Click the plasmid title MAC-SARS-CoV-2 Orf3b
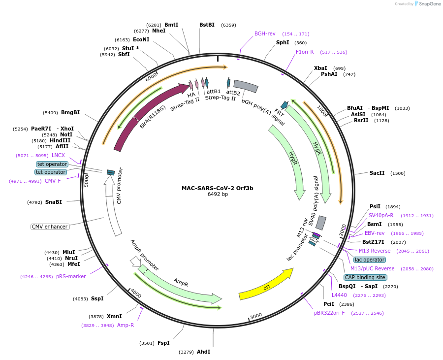pos(217,188)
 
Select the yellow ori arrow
pos(266,285)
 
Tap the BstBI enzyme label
pos(207,25)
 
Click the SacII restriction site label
pos(377,173)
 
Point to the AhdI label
pos(203,352)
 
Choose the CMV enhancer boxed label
pos(50,227)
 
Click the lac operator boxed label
pos(370,260)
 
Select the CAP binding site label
pos(365,277)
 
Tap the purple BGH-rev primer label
pos(265,34)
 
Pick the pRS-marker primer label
pos(71,276)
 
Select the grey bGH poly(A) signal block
pos(246,86)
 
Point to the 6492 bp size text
pos(218,195)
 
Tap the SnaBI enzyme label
pos(54,202)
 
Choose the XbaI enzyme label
pos(320,68)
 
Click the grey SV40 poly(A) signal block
pos(321,223)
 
